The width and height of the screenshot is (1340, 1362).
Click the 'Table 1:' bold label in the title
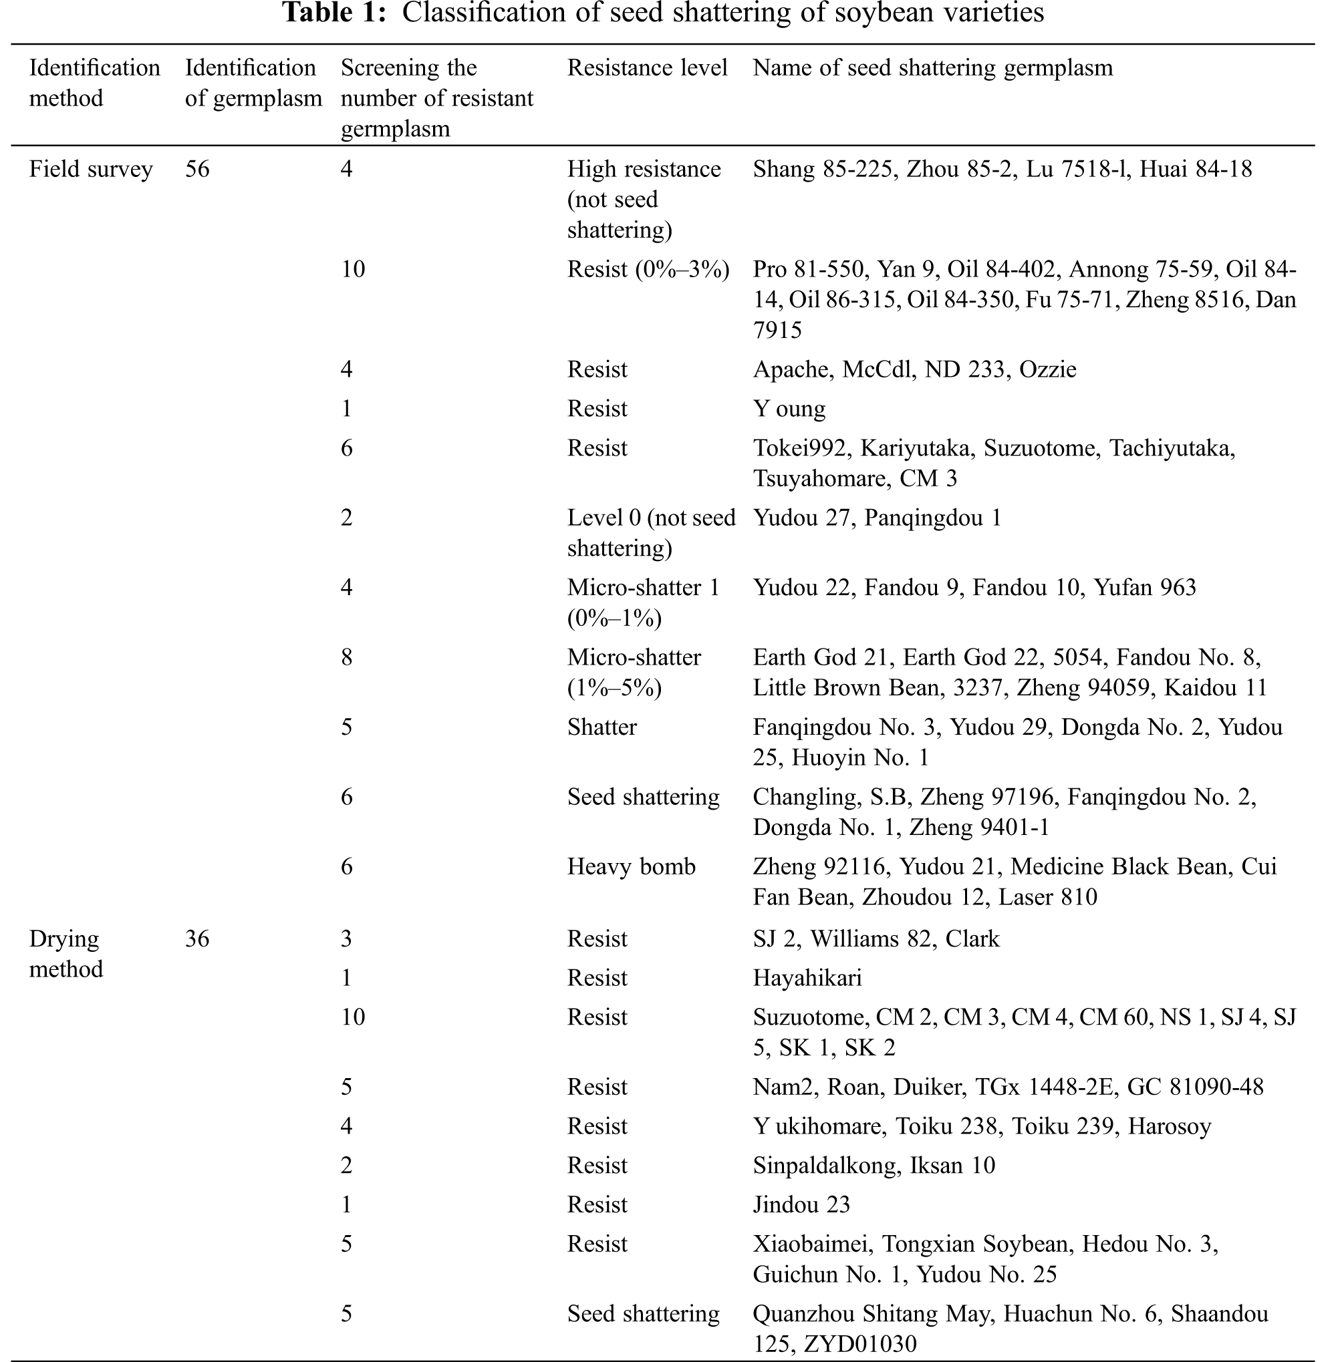(x=334, y=13)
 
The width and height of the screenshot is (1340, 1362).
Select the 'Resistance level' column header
(x=647, y=68)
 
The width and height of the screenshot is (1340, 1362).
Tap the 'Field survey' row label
(x=91, y=170)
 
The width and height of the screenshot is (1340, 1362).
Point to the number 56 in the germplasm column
(x=197, y=170)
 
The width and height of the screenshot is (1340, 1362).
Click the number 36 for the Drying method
(x=197, y=939)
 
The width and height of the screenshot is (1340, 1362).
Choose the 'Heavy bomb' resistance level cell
(x=631, y=867)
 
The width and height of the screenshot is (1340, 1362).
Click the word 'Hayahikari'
(x=807, y=979)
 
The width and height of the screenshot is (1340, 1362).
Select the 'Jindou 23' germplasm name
(x=801, y=1205)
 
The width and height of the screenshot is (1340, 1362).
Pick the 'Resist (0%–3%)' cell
(x=648, y=269)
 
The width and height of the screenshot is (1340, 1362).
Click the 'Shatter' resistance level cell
(x=601, y=727)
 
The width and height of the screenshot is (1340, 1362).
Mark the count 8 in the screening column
(x=346, y=658)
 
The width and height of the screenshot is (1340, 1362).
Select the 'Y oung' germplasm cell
(x=789, y=409)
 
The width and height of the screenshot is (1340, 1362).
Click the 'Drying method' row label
(x=65, y=954)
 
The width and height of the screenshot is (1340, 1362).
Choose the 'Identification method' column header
(x=94, y=83)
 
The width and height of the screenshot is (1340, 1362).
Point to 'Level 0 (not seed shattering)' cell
(x=650, y=533)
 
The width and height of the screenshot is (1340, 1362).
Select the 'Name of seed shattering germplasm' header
(x=932, y=68)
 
